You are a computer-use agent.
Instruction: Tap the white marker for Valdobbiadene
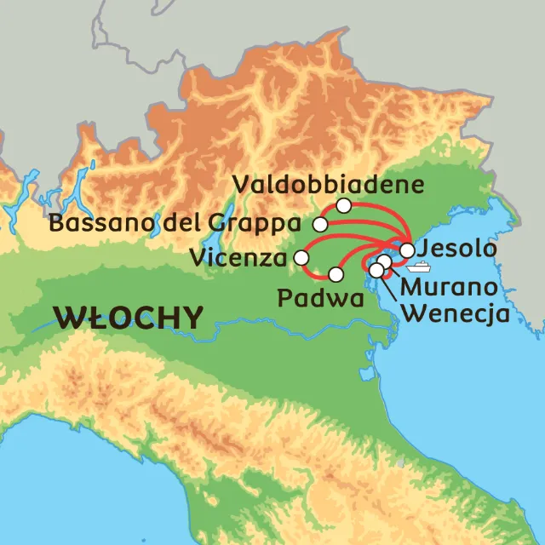click(x=343, y=205)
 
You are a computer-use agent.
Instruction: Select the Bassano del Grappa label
click(x=175, y=224)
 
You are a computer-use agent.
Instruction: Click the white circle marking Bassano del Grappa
click(x=320, y=225)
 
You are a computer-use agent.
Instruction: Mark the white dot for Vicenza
click(x=301, y=257)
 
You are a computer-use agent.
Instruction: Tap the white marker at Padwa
click(x=336, y=275)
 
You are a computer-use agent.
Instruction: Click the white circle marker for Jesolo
click(x=407, y=250)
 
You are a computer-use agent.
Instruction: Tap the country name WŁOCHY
click(x=129, y=318)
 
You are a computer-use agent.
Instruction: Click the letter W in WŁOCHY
click(x=67, y=318)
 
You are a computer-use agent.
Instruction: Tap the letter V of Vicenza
click(x=198, y=256)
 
